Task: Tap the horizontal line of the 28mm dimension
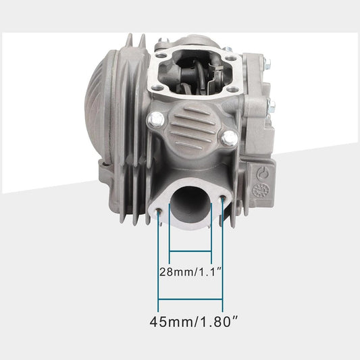pyautogui.click(x=190, y=251)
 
